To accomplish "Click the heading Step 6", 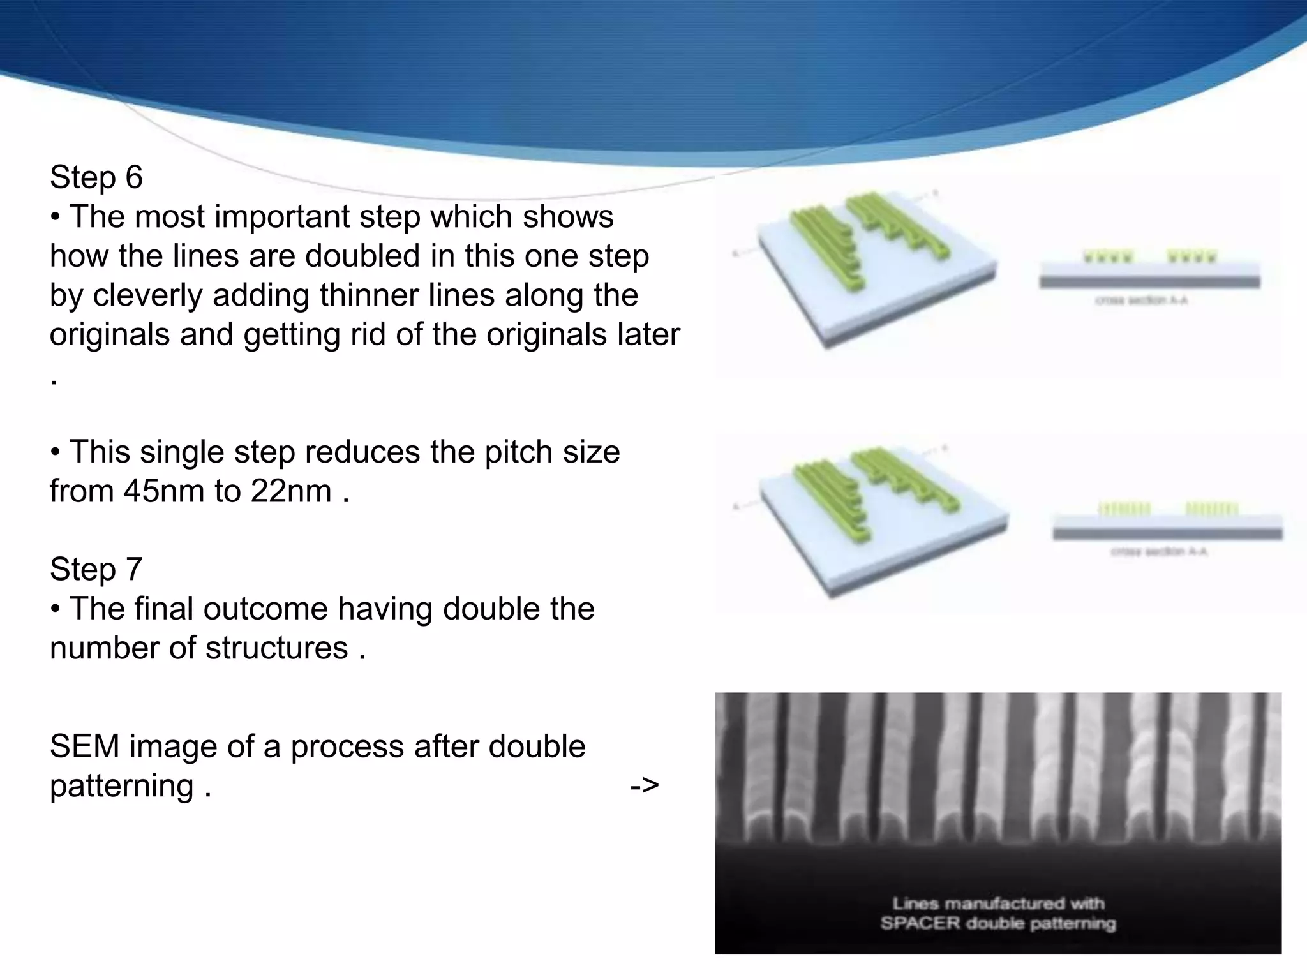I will pyautogui.click(x=96, y=177).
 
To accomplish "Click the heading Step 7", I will pyautogui.click(x=96, y=569).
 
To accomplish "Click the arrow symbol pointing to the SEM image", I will pyautogui.click(x=644, y=785).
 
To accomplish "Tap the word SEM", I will pyautogui.click(x=84, y=746).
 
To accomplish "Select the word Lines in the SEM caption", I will pyautogui.click(x=915, y=903).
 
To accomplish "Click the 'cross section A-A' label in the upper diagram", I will pyautogui.click(x=1141, y=300).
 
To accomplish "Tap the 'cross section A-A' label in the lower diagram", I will pyautogui.click(x=1159, y=551).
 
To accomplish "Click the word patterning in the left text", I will pyautogui.click(x=122, y=786).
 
